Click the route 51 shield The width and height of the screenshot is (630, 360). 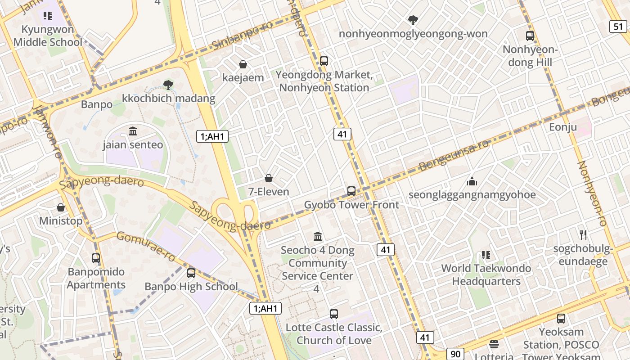coord(618,27)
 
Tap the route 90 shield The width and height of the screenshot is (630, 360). coord(455,353)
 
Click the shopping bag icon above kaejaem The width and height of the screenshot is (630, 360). coord(243,64)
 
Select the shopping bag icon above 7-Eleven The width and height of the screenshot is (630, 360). coord(269,178)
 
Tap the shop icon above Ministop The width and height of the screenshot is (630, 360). coord(61,207)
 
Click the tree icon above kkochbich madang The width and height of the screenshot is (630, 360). coord(168,84)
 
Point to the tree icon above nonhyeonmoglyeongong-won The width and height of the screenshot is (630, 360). coord(413,20)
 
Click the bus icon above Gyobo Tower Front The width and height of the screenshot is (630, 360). coord(351,191)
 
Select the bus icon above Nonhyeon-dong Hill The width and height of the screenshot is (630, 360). coord(530,36)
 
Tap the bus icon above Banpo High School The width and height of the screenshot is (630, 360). coord(191,273)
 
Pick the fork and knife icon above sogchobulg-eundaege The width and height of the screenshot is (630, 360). coord(584,234)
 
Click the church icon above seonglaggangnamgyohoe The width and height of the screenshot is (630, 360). coord(472,181)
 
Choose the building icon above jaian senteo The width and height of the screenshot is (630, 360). coord(133,131)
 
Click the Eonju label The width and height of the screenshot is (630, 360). coord(562,127)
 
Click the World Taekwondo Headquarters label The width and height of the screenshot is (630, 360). coord(486,274)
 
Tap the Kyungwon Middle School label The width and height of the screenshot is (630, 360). coord(48,36)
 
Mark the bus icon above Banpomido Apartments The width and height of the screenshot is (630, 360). coord(96,258)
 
